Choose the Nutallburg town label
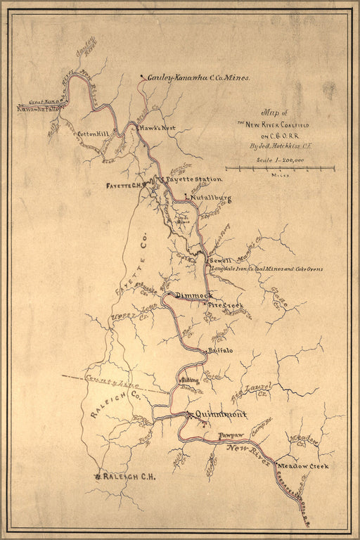pos(211,199)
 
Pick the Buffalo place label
pos(221,349)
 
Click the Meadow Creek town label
pos(304,467)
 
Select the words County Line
pos(103,379)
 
